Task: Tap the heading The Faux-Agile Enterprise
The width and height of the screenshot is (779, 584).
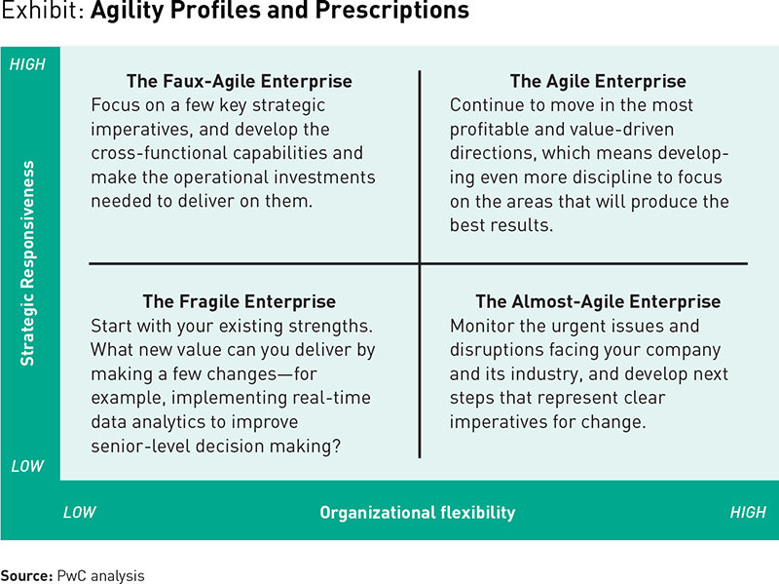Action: coord(240,81)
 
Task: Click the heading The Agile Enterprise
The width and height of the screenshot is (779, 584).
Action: coord(598,81)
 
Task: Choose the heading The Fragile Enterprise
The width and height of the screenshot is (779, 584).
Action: coord(240,301)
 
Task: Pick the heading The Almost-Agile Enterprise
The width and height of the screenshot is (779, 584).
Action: coord(598,301)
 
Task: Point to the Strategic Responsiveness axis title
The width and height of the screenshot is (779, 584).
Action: coord(27,263)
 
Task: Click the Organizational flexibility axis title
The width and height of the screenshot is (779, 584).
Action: coord(418,513)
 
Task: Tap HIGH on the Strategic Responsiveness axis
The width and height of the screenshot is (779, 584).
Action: coord(27,64)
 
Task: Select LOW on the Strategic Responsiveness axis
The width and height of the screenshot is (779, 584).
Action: coord(27,466)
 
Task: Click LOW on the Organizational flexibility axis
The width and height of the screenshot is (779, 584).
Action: coord(80,513)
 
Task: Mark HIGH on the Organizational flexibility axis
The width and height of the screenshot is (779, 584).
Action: coord(748,513)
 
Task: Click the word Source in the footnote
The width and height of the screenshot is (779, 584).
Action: coord(26,575)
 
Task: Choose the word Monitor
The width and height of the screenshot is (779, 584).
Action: coord(482,326)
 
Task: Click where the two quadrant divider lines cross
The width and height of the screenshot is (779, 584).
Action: coord(420,263)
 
